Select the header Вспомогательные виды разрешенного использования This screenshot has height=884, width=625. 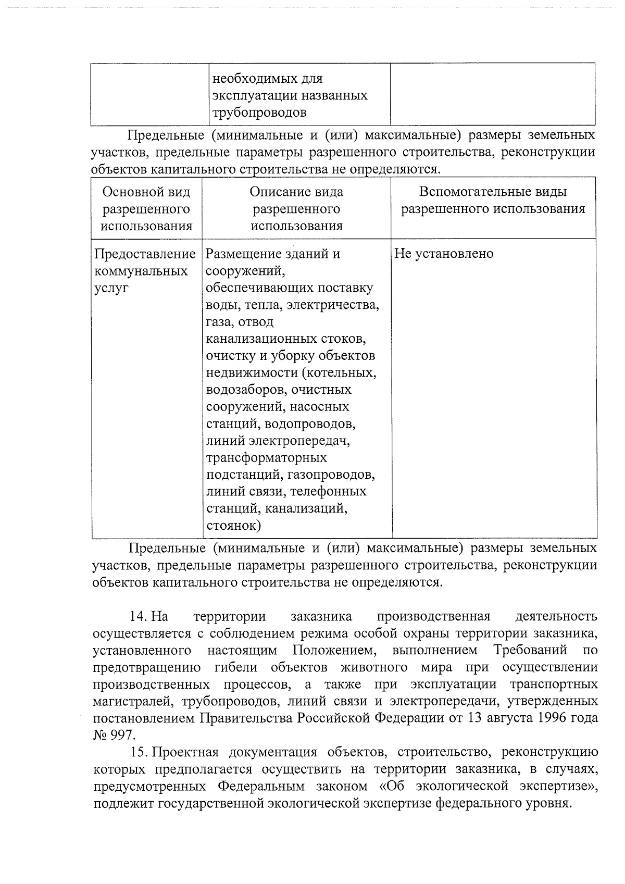tap(493, 201)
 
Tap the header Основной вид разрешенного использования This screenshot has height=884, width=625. tap(146, 209)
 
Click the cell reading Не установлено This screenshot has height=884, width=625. tap(444, 254)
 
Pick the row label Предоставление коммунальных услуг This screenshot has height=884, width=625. tap(145, 271)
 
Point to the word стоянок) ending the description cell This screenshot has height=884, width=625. tap(233, 525)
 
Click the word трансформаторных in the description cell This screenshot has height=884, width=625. tap(267, 458)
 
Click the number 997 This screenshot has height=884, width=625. tap(123, 735)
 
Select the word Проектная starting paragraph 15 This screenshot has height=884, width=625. tap(185, 752)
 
